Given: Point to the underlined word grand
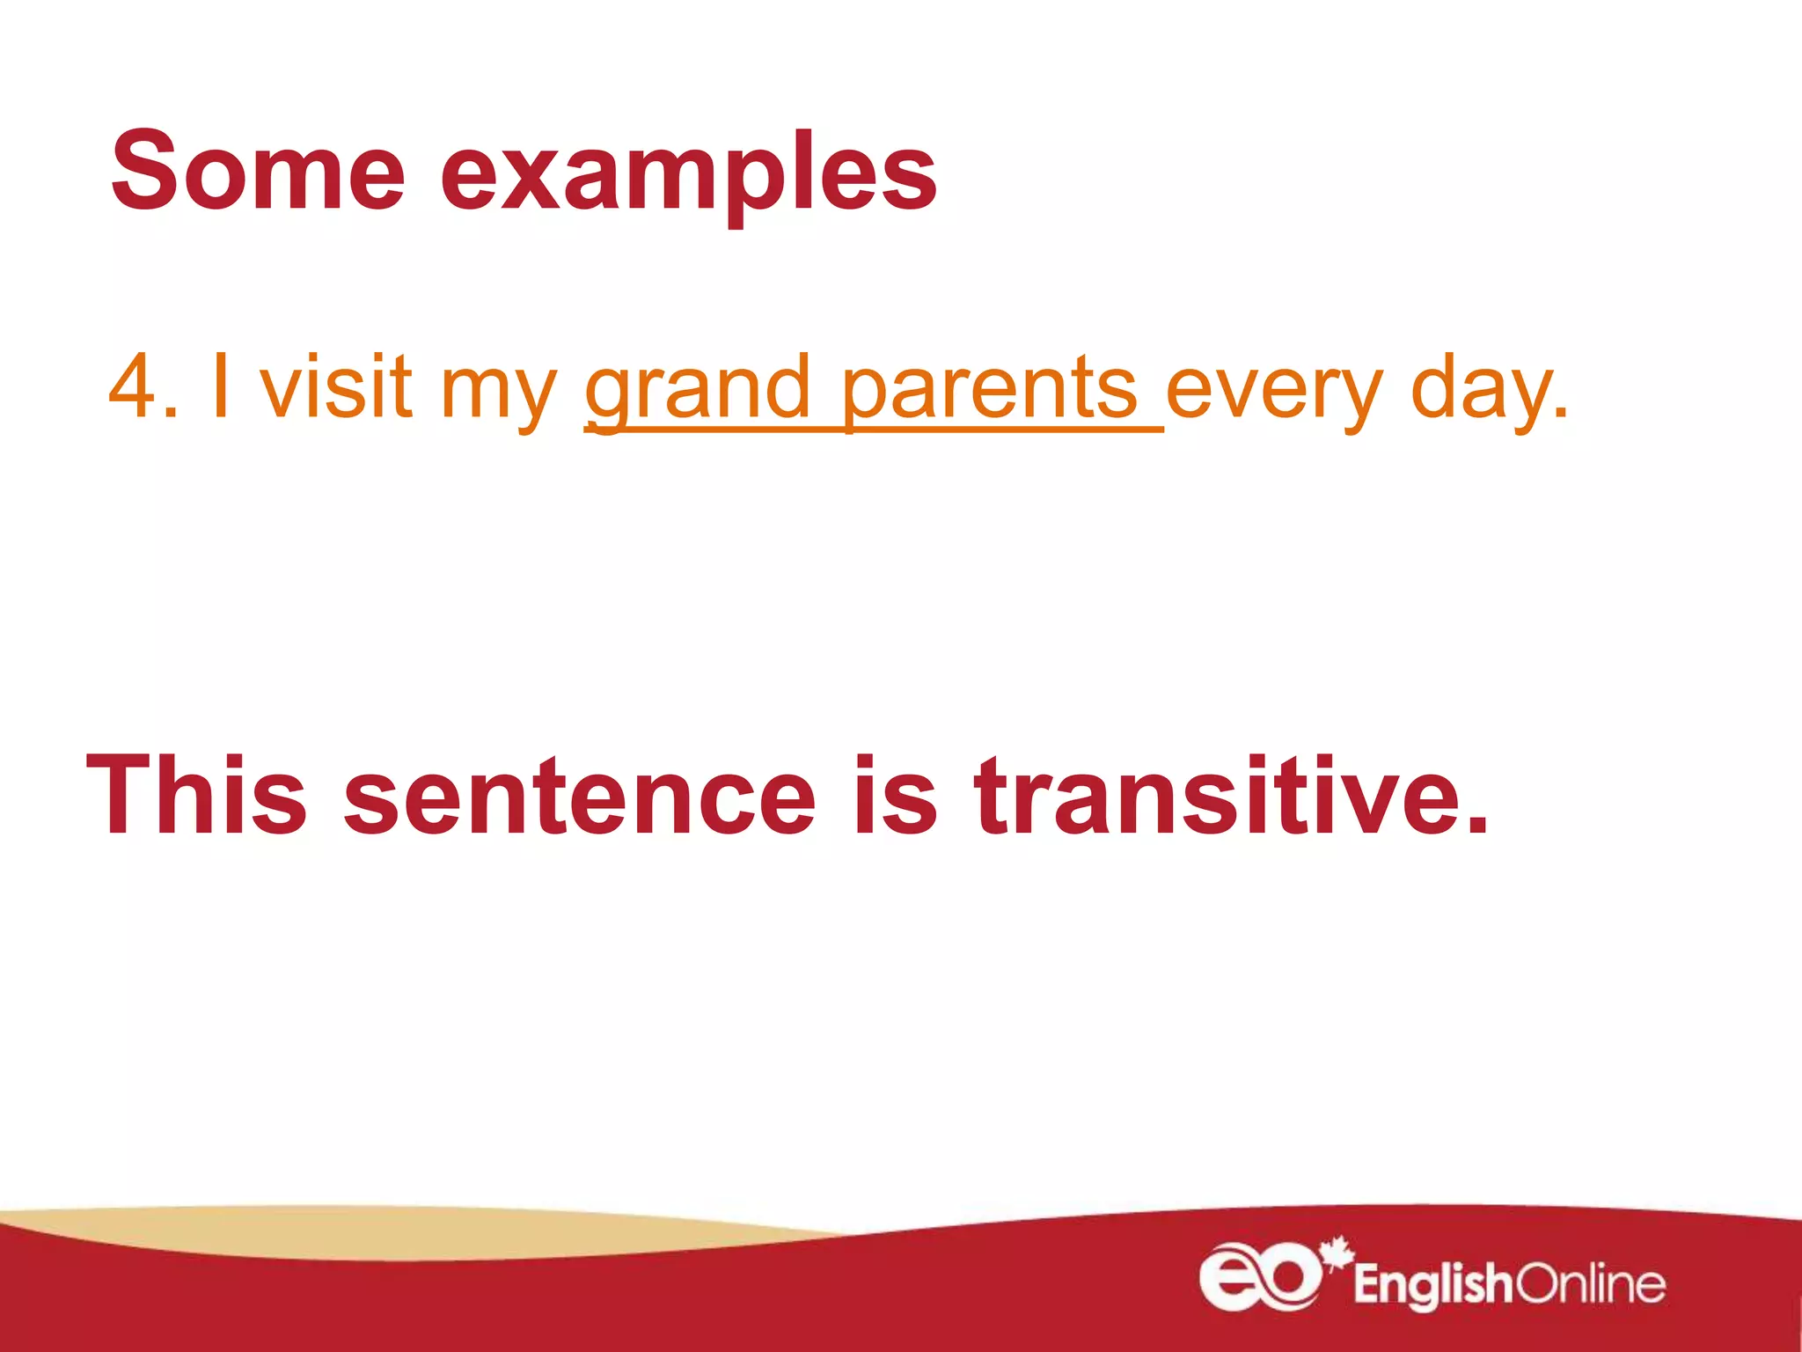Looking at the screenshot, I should [x=697, y=389].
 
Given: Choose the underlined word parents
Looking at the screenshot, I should [x=990, y=389].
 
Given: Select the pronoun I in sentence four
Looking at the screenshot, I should [x=221, y=386].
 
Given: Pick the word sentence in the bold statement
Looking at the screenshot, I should [x=580, y=797].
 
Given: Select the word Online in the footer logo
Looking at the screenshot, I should [x=1591, y=1283].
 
